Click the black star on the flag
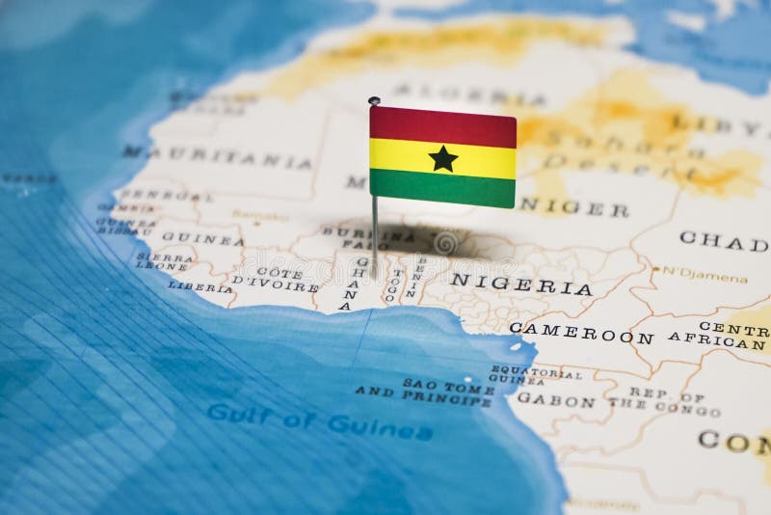point(442,158)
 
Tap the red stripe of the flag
point(442,126)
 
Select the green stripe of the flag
point(442,189)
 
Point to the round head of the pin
point(374,100)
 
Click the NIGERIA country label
point(521,285)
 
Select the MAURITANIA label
point(216,157)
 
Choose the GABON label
point(556,400)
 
